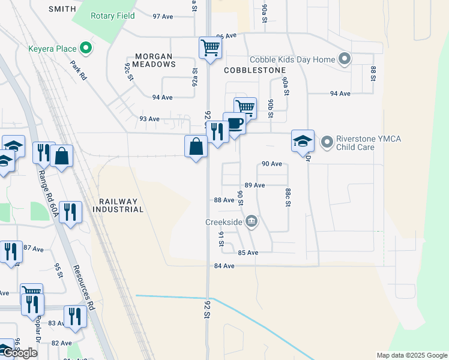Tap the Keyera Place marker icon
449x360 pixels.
[85, 47]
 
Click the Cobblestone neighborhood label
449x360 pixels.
[255, 70]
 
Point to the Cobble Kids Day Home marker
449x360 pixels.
[344, 59]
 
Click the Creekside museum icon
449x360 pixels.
[252, 223]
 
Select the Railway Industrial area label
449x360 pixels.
[118, 205]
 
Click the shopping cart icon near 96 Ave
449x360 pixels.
[210, 47]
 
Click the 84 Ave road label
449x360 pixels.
[224, 266]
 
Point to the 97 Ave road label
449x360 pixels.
[163, 16]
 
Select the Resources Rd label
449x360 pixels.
[84, 287]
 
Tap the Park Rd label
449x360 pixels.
[79, 73]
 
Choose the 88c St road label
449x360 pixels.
[288, 197]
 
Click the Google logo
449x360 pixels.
[19, 353]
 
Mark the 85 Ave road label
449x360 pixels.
[248, 253]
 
